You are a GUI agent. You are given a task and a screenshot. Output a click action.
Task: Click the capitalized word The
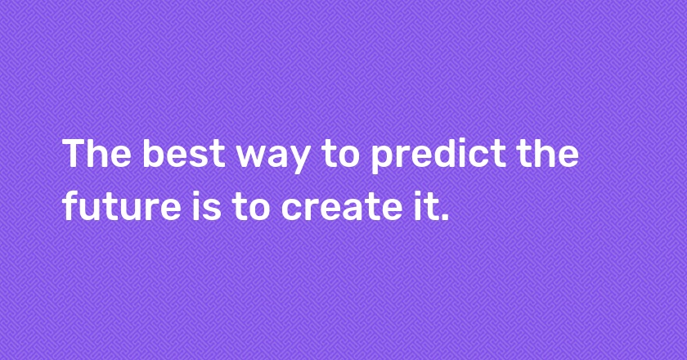(97, 153)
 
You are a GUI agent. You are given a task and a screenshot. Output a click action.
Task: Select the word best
(184, 153)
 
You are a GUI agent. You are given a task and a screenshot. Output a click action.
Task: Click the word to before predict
(340, 155)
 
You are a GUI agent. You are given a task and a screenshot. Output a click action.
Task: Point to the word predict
(438, 155)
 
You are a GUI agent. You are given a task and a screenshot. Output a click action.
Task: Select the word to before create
(250, 206)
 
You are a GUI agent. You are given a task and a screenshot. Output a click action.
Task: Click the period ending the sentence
(444, 216)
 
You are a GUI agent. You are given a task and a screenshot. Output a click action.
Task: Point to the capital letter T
(75, 153)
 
